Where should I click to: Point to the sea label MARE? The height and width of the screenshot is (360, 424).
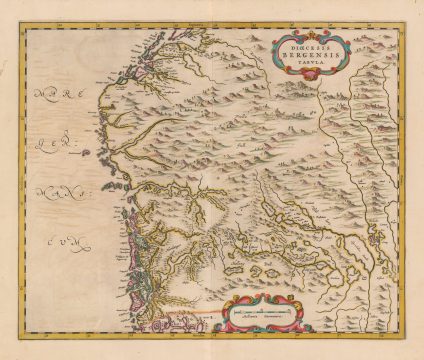click(61, 97)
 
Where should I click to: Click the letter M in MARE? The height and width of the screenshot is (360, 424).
click(40, 97)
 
